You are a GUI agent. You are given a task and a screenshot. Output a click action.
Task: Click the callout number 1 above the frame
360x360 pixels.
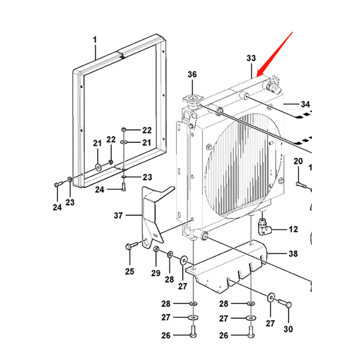coord(95,40)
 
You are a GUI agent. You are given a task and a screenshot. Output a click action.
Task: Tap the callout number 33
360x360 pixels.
coord(251,58)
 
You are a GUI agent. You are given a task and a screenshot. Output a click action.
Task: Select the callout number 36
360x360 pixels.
coord(192,75)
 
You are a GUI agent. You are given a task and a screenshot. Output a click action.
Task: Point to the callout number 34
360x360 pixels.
coord(305,104)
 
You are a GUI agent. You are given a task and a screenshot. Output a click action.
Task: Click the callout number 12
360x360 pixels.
coord(293,229)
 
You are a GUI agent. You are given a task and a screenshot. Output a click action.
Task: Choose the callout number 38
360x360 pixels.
coord(293,254)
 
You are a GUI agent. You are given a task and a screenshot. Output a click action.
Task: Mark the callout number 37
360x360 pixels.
coord(118,216)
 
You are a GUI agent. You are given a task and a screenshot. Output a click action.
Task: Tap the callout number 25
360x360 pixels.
coord(130,271)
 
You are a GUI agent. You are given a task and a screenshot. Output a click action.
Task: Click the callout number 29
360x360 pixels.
coord(156,273)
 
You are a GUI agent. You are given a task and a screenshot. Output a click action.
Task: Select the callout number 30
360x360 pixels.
coord(288,329)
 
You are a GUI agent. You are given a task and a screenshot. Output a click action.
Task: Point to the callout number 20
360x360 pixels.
coord(298,161)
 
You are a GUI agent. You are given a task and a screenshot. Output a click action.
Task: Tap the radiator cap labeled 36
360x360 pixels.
coord(192,100)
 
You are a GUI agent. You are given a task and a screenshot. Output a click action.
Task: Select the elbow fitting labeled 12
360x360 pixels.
coord(264,226)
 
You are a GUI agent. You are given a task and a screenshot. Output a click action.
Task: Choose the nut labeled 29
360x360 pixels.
coord(156,250)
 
